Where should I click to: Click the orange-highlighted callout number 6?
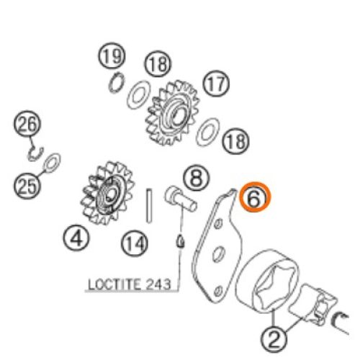255,197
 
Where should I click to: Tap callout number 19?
112,56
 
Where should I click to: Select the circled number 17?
217,84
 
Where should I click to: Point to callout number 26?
27,124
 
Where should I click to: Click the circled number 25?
27,186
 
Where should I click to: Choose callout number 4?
76,238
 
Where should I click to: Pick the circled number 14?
135,244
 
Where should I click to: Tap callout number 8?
197,178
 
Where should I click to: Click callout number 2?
274,340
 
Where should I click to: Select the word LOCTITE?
114,284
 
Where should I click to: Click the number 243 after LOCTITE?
158,284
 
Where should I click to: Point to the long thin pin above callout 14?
149,206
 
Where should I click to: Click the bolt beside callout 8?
181,199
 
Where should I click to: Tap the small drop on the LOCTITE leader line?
181,242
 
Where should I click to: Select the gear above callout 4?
107,193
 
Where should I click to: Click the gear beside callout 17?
173,113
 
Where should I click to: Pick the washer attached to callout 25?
52,162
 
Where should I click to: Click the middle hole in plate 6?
219,254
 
